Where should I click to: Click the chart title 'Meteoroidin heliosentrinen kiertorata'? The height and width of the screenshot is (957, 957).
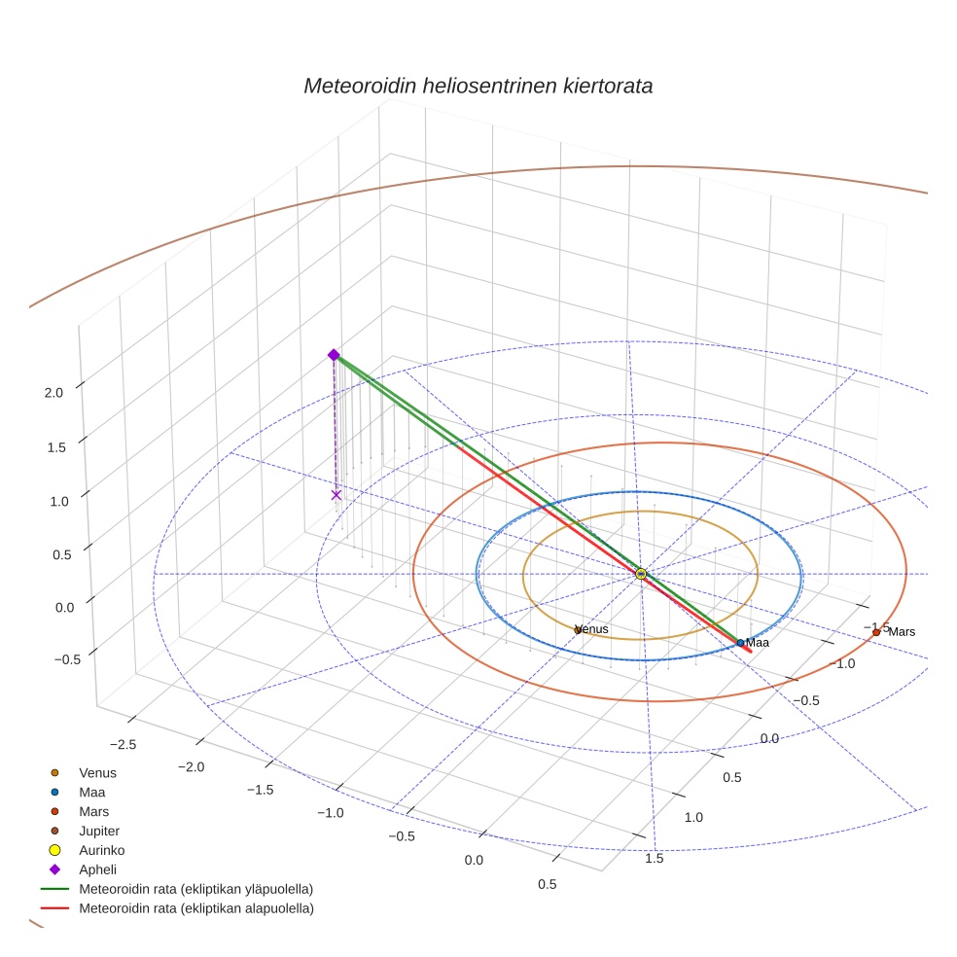pos(478,86)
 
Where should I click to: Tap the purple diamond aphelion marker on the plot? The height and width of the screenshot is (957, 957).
pos(334,355)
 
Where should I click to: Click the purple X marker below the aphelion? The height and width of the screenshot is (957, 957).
pos(337,495)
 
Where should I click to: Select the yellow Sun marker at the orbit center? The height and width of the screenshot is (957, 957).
pos(641,574)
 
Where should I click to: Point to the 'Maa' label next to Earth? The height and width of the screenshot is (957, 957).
pos(757,643)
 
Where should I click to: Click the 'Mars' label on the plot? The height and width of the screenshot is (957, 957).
pos(902,632)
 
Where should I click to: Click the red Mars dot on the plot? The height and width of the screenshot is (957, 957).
pos(876,632)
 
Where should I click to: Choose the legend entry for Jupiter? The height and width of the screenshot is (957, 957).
pos(99,831)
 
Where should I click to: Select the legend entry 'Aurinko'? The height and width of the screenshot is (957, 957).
pos(101,850)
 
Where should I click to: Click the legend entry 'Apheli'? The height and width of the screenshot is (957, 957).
pos(97,869)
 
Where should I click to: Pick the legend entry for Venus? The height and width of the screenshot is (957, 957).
pos(97,773)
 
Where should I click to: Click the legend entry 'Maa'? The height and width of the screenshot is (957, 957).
pos(91,793)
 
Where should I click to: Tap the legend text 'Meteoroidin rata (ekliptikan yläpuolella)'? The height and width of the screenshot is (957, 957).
pos(195,889)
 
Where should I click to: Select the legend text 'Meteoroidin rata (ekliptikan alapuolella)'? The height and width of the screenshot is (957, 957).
pos(195,908)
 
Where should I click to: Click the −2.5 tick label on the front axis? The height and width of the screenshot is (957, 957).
pos(123,744)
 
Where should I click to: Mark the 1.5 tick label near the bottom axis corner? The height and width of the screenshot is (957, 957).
pos(655,858)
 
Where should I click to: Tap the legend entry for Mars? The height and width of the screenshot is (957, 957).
pos(93,811)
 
